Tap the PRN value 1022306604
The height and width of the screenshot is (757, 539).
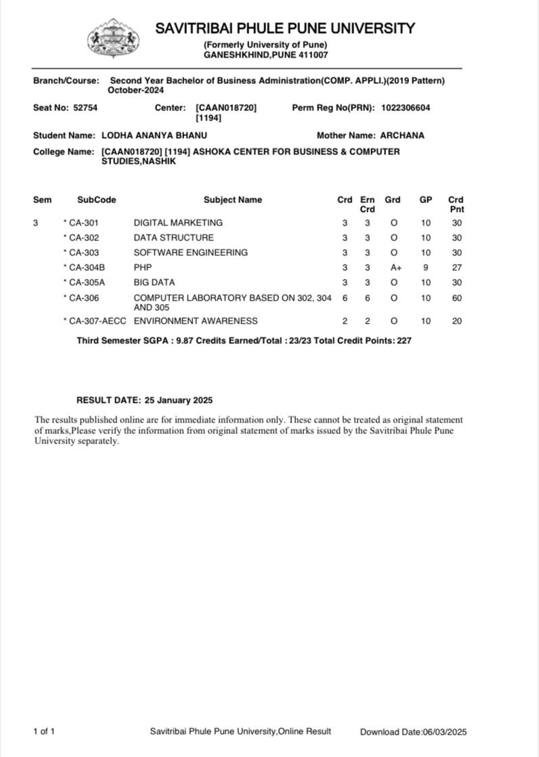pos(406,108)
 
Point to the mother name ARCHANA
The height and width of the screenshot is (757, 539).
pos(402,135)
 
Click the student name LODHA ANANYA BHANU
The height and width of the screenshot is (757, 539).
pos(154,135)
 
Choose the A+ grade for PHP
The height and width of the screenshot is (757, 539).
pos(395,267)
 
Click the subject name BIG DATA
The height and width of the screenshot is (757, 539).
pos(154,282)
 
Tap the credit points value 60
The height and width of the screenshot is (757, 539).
pos(457,298)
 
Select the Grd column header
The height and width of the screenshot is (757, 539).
pos(393,200)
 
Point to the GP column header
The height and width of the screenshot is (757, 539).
pos(426,200)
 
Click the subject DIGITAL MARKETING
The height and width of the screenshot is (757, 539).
pos(178,223)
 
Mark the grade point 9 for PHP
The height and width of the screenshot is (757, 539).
pos(426,267)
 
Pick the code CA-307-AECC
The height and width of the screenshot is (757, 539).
pos(98,321)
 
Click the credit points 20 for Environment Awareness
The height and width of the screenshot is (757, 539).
pos(457,321)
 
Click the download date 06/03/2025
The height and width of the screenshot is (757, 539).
pos(445,731)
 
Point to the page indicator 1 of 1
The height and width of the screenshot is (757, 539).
pos(44,731)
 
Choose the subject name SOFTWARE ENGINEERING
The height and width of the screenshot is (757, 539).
pos(191,253)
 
